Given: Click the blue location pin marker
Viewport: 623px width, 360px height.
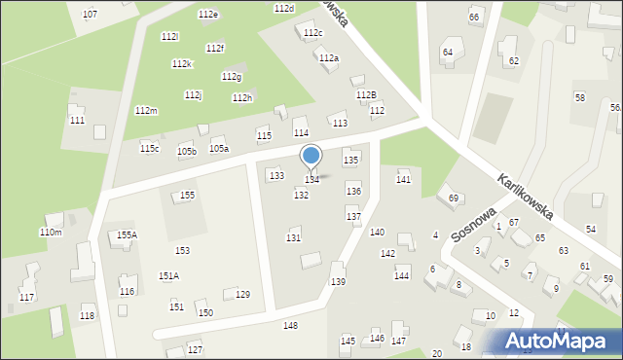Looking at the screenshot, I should [x=311, y=156].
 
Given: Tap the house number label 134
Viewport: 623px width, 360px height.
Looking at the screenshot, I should [x=311, y=180].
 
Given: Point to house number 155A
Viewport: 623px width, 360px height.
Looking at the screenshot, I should [x=127, y=234].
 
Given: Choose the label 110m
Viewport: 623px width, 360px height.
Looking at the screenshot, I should [x=51, y=233].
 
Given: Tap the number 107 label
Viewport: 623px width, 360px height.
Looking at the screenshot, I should [x=90, y=15].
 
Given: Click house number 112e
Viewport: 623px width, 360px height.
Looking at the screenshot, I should [x=207, y=15].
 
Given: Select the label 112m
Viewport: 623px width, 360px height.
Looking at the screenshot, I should [x=146, y=111].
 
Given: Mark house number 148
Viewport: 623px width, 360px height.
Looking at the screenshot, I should [x=290, y=325].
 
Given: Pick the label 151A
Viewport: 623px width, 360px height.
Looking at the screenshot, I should [x=168, y=276].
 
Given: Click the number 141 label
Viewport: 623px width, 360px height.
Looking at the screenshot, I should [x=403, y=180].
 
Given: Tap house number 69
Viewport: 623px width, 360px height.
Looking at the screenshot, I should [x=454, y=198].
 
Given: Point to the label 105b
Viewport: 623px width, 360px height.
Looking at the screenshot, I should [x=186, y=152].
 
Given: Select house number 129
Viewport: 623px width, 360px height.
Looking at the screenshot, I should [x=242, y=295].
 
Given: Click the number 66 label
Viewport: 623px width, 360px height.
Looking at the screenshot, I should [x=474, y=18].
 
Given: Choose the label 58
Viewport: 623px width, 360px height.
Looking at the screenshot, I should [x=580, y=98].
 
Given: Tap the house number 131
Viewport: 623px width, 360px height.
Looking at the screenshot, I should [x=293, y=238].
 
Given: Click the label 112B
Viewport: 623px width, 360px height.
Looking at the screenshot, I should [x=366, y=95].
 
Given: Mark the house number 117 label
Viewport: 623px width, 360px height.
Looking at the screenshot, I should [x=26, y=297].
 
